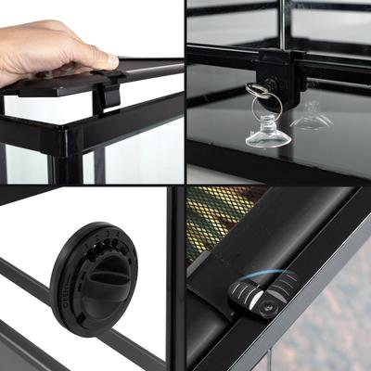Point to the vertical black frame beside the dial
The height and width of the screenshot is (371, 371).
[x=174, y=278]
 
